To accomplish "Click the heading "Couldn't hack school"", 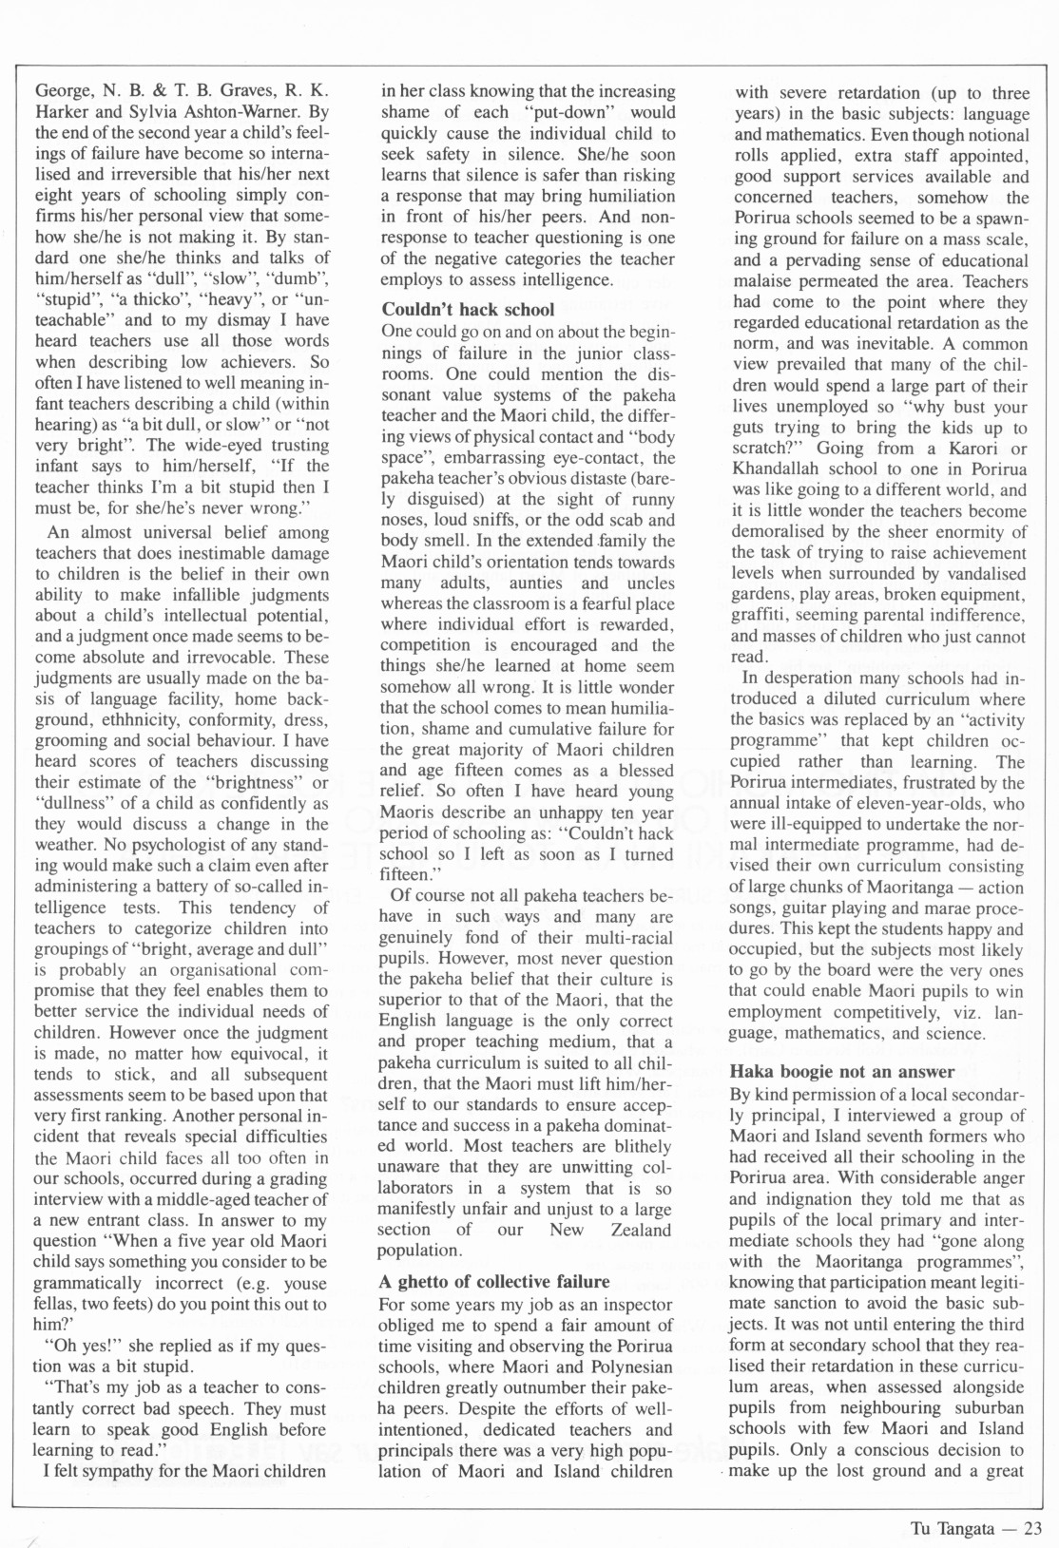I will tap(468, 310).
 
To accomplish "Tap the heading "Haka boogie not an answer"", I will tap(828, 1072).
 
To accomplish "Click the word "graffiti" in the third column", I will tap(759, 616).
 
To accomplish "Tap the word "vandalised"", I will tap(984, 574).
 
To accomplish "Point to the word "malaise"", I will tap(766, 281).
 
